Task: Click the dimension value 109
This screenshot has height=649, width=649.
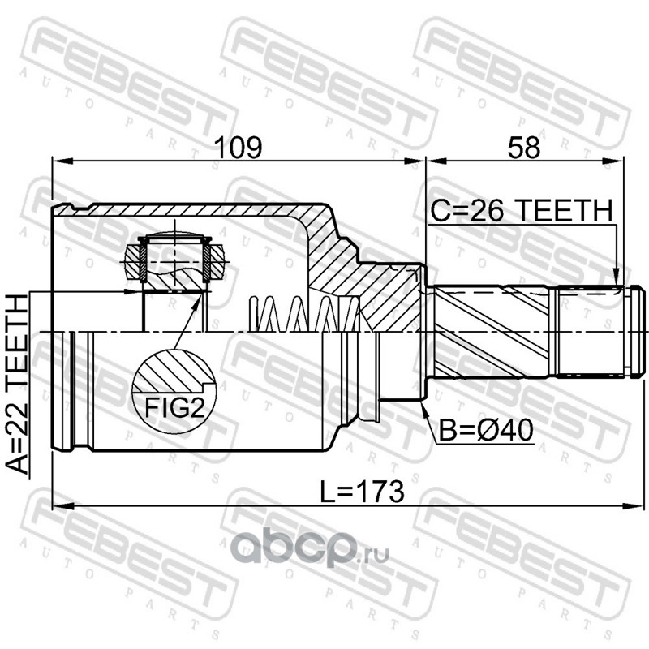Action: [239, 148]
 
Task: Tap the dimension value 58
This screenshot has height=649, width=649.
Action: [523, 148]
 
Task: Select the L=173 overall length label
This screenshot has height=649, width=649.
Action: [363, 492]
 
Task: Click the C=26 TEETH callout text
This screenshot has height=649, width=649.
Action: [522, 210]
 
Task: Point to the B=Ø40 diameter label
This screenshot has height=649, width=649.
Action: [485, 431]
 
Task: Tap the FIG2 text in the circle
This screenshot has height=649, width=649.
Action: [174, 409]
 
